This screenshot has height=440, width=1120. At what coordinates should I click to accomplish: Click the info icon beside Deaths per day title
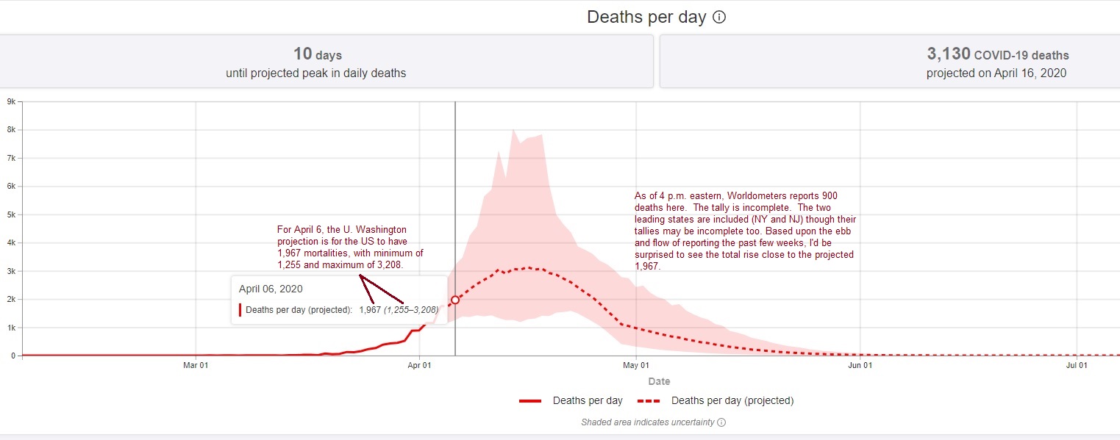[x=719, y=17]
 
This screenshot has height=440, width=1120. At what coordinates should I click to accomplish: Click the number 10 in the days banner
[x=302, y=54]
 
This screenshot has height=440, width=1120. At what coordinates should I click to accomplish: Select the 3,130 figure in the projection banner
[x=949, y=54]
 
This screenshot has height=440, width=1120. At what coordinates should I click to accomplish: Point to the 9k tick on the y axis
[x=12, y=101]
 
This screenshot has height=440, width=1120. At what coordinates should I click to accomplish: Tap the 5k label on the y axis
[x=12, y=214]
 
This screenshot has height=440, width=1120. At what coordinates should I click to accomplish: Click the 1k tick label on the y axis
[x=12, y=328]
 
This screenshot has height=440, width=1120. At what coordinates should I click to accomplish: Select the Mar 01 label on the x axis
[x=196, y=365]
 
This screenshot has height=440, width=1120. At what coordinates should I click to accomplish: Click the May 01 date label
[x=636, y=365]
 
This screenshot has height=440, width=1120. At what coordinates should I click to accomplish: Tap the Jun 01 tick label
[x=860, y=365]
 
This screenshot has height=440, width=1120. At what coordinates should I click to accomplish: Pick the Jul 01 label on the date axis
[x=1077, y=365]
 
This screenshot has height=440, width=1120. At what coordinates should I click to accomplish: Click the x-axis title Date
[x=659, y=381]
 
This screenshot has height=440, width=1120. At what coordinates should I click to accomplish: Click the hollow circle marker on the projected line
[x=455, y=300]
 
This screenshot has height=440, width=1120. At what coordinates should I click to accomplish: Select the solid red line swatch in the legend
[x=530, y=400]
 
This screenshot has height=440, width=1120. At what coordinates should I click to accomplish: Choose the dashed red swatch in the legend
[x=649, y=400]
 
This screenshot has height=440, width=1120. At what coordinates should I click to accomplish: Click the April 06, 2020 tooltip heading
[x=271, y=289]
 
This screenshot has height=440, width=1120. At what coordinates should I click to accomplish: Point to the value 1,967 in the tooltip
[x=370, y=310]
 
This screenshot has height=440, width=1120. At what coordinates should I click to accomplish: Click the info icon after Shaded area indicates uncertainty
[x=721, y=422]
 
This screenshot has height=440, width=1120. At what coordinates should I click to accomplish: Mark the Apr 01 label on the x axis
[x=419, y=365]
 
